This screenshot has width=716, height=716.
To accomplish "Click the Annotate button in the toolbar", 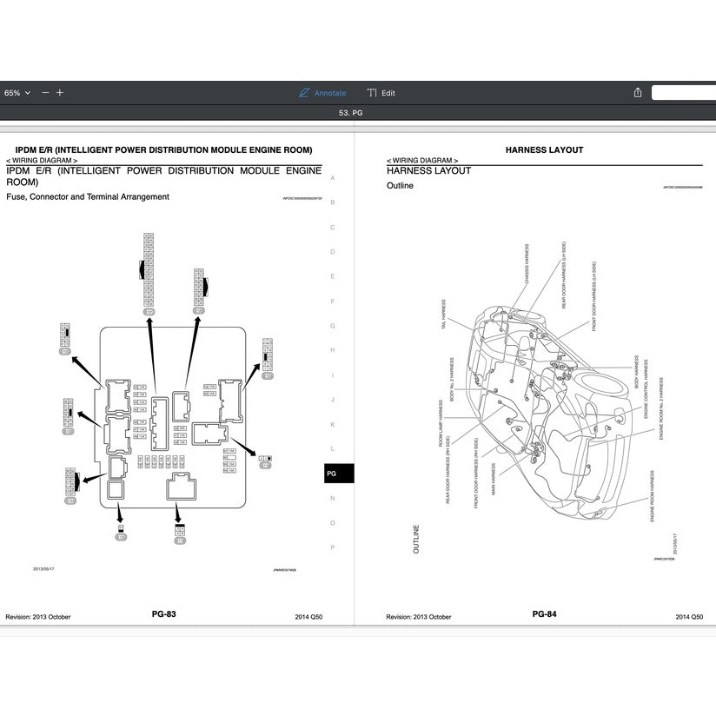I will click(322, 93).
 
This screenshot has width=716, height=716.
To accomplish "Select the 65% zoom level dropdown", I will click(17, 93).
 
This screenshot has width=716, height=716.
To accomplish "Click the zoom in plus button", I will click(60, 93).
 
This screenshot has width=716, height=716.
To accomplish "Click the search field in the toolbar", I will click(683, 93).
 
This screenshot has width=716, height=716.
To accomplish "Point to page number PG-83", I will click(163, 614).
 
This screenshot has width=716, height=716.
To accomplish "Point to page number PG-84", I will click(544, 614).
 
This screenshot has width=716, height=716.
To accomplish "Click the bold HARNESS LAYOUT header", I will click(544, 150).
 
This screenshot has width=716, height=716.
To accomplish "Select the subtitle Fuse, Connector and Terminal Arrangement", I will click(88, 197).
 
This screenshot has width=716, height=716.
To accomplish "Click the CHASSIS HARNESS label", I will click(527, 264).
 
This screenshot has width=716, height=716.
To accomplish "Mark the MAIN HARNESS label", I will click(494, 479).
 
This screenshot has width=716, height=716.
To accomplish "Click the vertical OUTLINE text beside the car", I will click(416, 540).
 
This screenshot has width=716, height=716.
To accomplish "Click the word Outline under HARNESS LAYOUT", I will click(400, 186).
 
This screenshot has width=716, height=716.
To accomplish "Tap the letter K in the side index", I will click(332, 424).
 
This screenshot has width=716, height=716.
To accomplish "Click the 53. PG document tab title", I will click(350, 114).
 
